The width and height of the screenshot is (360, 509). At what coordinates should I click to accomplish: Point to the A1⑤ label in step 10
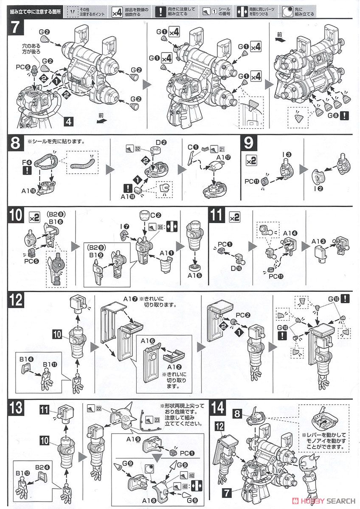[195, 275]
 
